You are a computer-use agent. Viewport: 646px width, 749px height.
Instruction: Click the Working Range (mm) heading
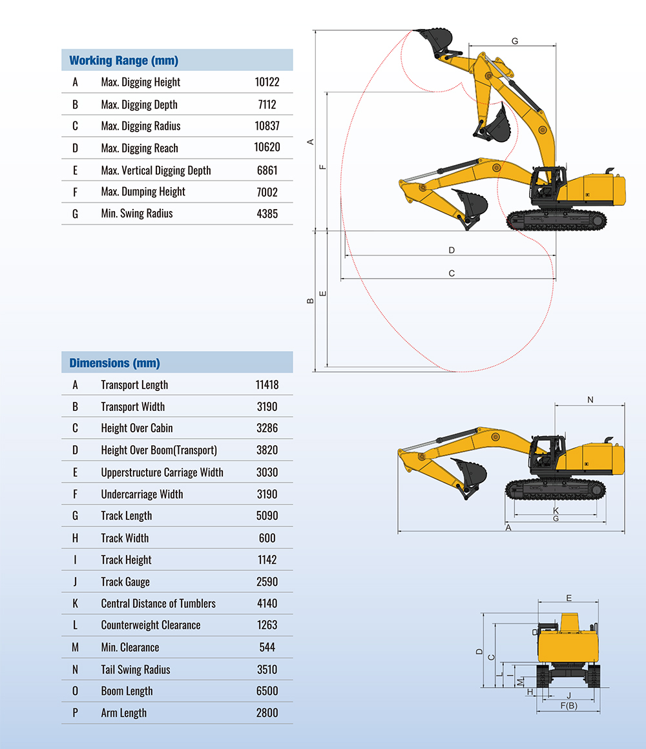123,61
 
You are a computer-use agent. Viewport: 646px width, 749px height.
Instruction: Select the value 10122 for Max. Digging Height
267,82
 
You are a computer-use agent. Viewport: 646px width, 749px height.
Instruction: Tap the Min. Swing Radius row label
137,214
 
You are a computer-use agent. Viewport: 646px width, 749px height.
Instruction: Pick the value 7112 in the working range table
267,105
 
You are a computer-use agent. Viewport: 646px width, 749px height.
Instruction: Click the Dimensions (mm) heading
114,363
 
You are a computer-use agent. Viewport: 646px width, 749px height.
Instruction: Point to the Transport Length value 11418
267,385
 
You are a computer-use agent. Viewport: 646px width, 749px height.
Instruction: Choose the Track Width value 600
267,538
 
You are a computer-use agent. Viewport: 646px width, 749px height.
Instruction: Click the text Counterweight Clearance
151,625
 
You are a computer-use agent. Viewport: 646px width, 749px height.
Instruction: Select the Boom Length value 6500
267,691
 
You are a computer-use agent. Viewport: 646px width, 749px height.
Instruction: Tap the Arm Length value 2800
267,713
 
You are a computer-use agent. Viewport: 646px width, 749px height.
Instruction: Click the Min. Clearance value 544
267,648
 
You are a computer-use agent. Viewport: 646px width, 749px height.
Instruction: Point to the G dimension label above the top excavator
514,41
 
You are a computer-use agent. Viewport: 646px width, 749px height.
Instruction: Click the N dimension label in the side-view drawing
590,400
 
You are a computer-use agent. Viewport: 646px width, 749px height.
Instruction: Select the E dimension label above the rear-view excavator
568,598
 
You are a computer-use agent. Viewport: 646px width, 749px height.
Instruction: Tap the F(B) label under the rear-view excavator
568,706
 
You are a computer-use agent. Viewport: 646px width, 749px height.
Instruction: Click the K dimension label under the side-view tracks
556,511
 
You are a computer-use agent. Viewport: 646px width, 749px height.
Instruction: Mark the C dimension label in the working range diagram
452,274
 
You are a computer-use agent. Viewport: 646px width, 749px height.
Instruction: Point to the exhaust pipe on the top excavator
610,170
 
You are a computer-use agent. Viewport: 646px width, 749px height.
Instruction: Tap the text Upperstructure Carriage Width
162,472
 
